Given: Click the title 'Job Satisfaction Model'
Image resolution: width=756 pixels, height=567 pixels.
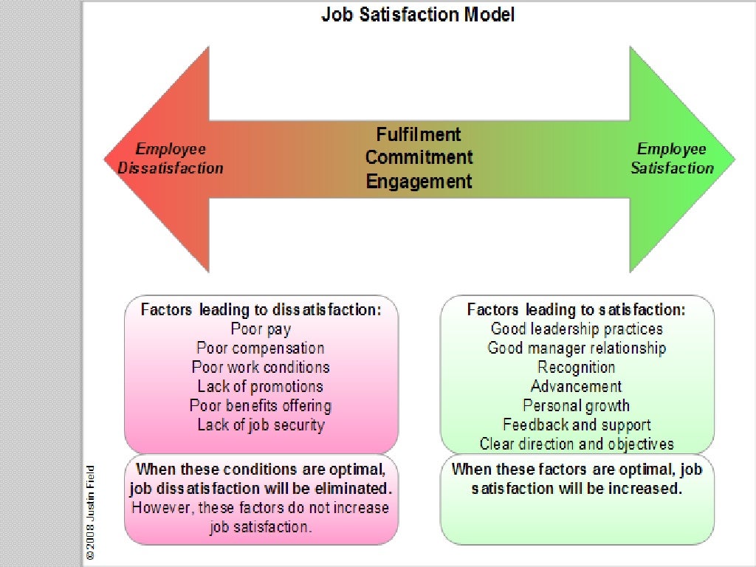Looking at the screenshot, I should click(x=418, y=15).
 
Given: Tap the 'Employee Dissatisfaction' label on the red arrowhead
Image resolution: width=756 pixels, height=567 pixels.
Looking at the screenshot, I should click(x=171, y=159).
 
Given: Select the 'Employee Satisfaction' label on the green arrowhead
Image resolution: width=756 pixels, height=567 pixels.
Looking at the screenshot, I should click(x=672, y=159).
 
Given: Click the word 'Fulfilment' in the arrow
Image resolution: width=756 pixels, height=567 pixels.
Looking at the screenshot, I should click(x=419, y=134).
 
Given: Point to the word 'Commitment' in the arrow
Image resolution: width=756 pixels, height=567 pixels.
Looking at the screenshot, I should click(x=419, y=157).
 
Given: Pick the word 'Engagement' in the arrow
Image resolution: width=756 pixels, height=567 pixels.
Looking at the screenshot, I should click(x=419, y=181).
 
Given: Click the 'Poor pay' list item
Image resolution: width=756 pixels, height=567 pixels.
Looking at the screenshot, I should click(x=261, y=329).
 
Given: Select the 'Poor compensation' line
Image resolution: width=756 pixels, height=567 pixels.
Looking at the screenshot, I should click(x=261, y=348).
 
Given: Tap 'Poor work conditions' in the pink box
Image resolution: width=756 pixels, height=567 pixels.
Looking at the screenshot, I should click(x=261, y=367).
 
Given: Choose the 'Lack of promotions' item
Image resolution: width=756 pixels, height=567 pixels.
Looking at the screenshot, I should click(x=261, y=386).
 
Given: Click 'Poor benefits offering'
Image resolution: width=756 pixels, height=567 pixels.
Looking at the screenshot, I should click(x=261, y=405).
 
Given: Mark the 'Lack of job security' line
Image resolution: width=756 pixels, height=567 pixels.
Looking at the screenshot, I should click(x=261, y=425).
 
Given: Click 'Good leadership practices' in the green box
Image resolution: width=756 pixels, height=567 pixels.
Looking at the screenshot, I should click(x=577, y=329).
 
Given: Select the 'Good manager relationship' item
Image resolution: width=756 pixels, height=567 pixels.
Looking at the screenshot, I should click(x=577, y=348).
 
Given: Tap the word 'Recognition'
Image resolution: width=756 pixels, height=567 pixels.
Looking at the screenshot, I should click(x=577, y=367).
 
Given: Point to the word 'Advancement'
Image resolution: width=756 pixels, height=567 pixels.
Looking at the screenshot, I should click(x=577, y=386).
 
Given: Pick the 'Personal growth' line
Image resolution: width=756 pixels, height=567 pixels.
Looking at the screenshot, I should click(x=577, y=405).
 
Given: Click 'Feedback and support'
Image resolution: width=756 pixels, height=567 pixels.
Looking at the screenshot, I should click(x=577, y=425).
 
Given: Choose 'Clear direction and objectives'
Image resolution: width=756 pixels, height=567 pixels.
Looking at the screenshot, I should click(x=577, y=444).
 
